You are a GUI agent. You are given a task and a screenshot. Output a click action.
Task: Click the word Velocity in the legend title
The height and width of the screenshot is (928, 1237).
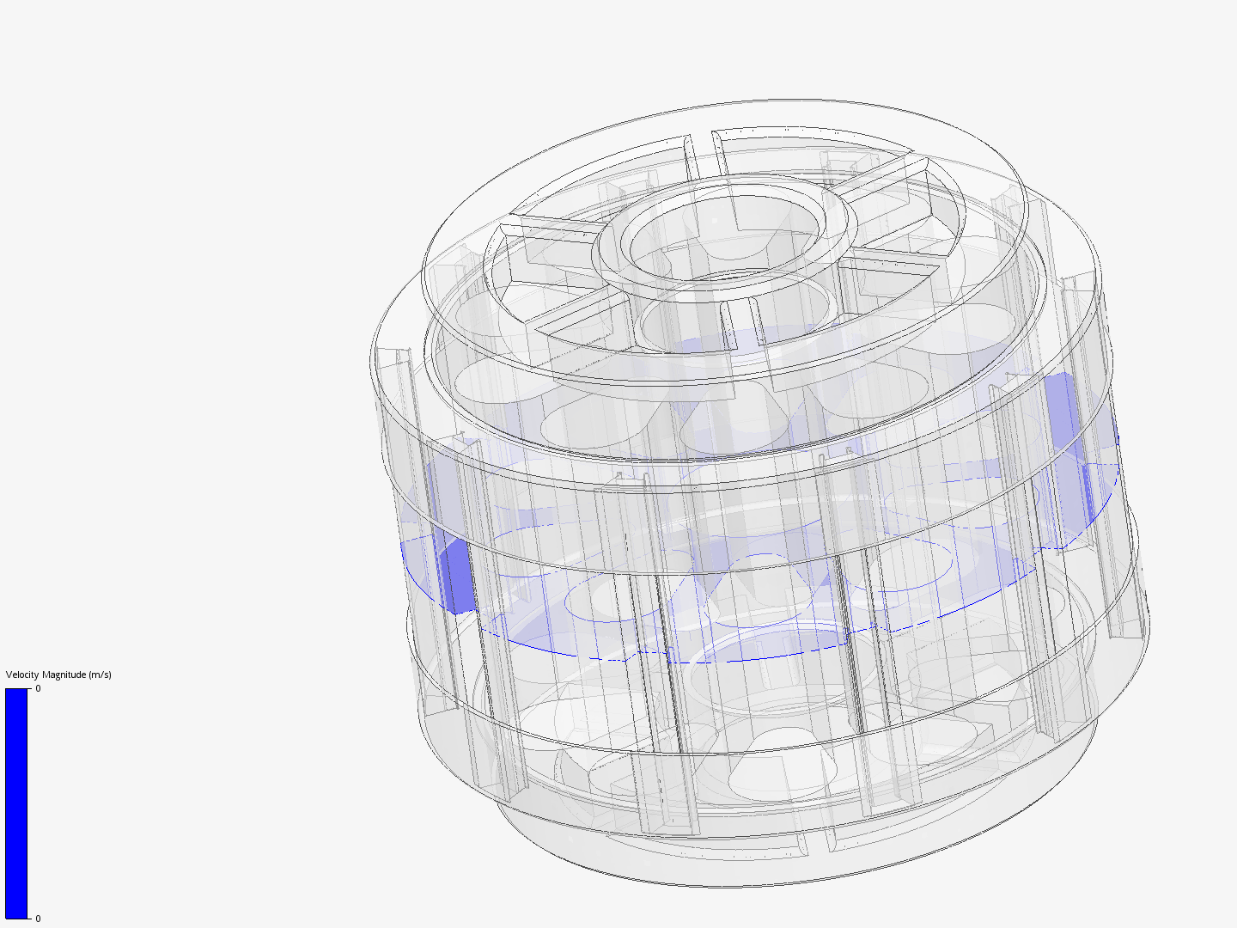pos(22,675)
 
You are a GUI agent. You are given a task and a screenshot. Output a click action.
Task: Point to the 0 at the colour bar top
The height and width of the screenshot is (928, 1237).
pos(38,688)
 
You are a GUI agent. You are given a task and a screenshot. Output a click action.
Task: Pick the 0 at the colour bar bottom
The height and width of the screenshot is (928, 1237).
pos(38,919)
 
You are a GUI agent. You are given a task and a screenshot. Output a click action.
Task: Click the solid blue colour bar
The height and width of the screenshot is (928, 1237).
pos(16,803)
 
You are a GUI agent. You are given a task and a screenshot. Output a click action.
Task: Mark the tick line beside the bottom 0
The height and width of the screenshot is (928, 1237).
pos(31,918)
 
